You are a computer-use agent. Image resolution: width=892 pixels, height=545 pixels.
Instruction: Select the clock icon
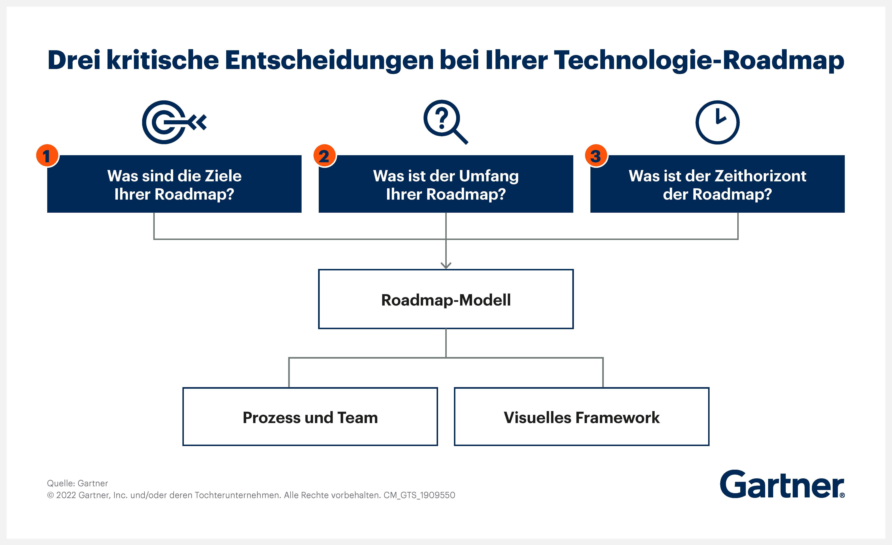tap(717, 122)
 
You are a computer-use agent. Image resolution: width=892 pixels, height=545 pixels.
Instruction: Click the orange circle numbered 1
tap(47, 156)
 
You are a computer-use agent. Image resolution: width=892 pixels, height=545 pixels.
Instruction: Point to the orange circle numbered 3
tap(596, 156)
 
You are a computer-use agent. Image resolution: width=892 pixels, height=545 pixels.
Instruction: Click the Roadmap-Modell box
tap(446, 299)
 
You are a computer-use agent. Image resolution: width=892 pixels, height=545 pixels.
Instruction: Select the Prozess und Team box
tap(310, 417)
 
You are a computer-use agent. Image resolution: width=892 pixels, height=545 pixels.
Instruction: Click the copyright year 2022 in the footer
tap(66, 495)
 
